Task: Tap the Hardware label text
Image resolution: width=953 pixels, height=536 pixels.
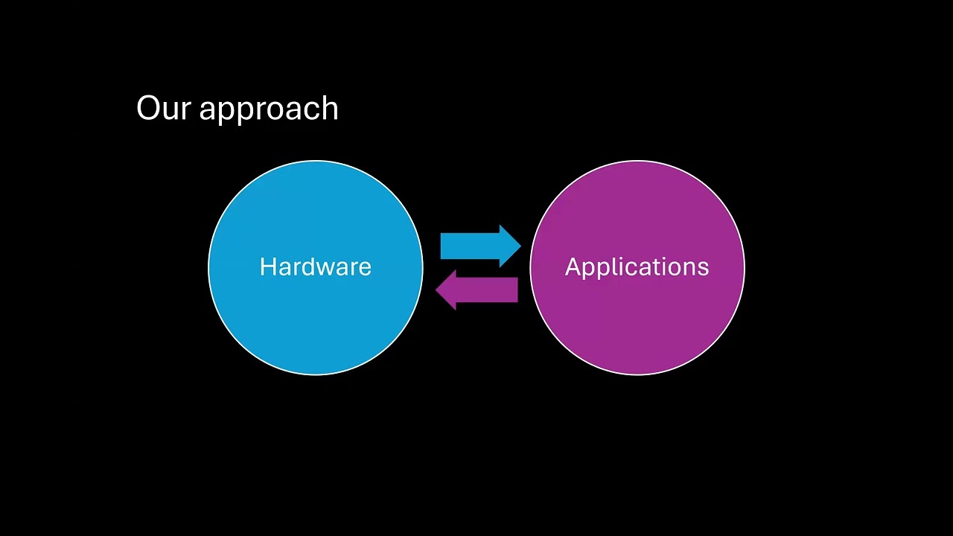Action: [315, 267]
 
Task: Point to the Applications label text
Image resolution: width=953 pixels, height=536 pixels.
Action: [637, 267]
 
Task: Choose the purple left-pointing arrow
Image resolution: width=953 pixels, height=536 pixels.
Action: [476, 290]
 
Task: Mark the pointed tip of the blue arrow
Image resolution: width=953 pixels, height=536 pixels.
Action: [520, 246]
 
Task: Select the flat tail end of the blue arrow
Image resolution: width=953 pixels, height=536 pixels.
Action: [442, 246]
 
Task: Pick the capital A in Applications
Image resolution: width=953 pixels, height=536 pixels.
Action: [573, 267]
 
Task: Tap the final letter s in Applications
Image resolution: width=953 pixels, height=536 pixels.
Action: [704, 268]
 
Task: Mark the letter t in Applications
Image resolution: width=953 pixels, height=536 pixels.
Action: [649, 267]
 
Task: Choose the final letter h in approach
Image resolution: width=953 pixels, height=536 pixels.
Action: [330, 109]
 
